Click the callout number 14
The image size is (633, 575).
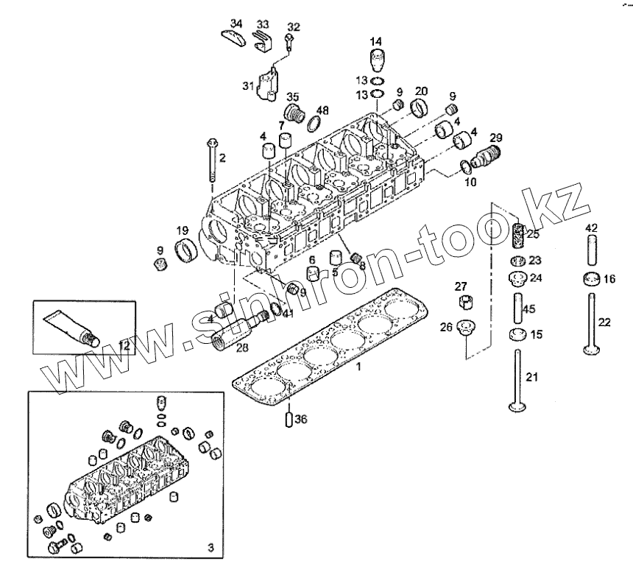[375, 40]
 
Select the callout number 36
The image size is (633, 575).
[300, 420]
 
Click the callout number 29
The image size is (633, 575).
[496, 138]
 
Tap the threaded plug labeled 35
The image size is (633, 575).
[296, 115]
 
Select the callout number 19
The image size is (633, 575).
[182, 230]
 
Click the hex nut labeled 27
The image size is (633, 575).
[466, 303]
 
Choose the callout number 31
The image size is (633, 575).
[247, 85]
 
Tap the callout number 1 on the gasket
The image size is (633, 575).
[358, 365]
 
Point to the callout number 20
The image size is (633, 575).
[421, 91]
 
